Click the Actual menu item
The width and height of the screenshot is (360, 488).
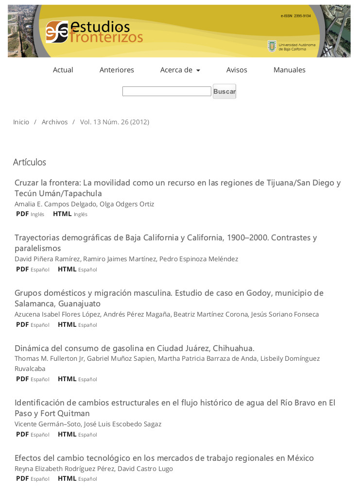coord(63,70)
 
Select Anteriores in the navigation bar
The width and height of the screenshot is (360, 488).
coord(117,70)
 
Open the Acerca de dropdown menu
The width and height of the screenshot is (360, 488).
coord(180,70)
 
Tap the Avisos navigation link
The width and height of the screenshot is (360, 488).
coord(237,70)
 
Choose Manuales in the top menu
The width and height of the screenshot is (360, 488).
coord(289,70)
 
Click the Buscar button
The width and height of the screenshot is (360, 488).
coord(224,91)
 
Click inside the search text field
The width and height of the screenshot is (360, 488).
coord(166,91)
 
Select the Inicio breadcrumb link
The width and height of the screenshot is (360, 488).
coord(21,122)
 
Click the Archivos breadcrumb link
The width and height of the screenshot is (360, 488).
coord(54,122)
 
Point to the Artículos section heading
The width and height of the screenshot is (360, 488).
coord(29,162)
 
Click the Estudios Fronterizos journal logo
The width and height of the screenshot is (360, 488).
coord(94,32)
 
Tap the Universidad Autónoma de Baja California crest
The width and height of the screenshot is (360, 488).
coord(272,46)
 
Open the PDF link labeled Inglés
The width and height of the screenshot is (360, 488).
coord(23,214)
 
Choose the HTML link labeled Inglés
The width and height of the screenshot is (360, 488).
coord(62,214)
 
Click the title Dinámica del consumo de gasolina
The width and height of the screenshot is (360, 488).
coord(134,348)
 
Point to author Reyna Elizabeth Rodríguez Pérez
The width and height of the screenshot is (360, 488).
coord(64,469)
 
